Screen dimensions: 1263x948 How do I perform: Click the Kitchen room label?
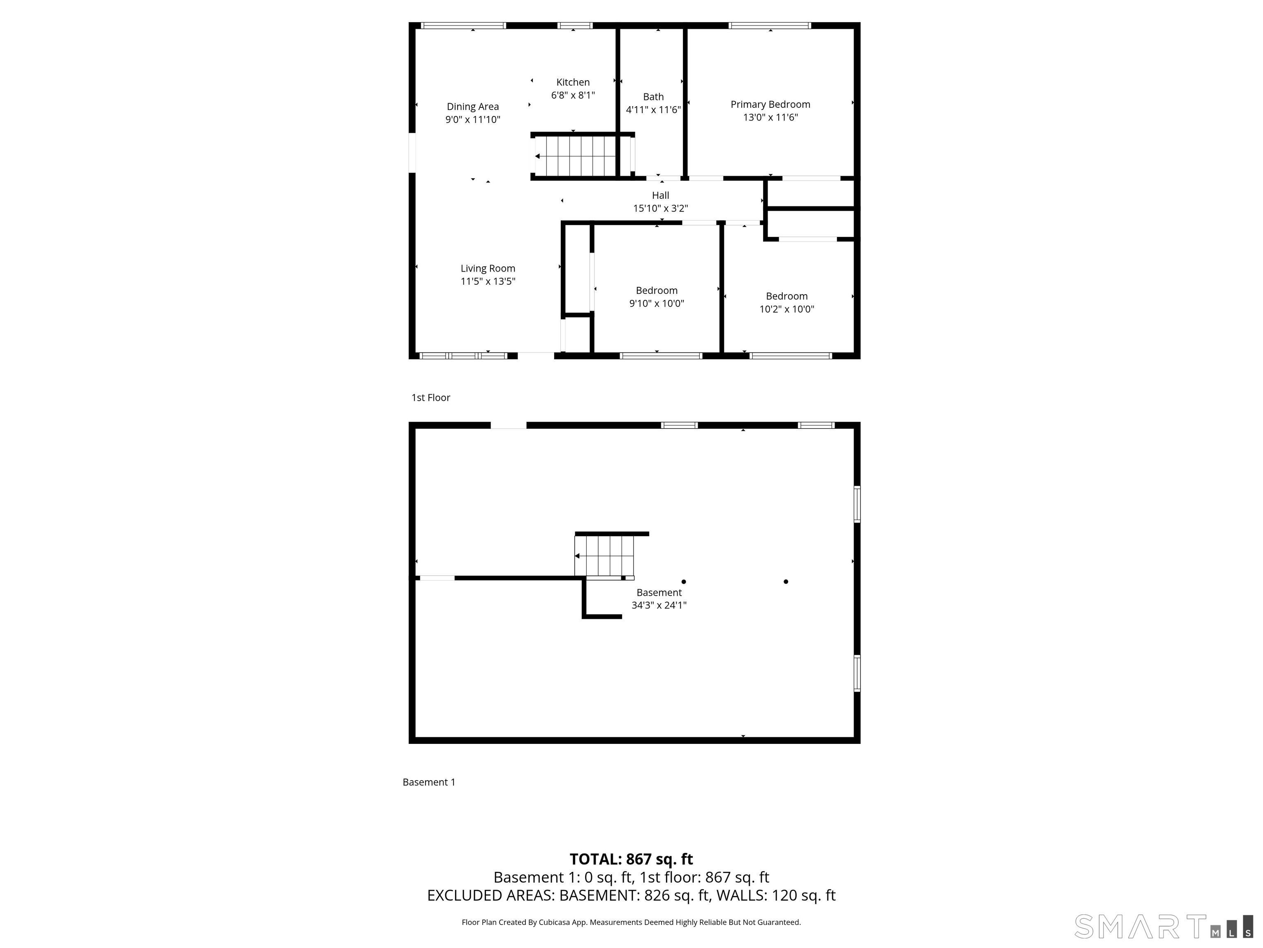pyautogui.click(x=573, y=82)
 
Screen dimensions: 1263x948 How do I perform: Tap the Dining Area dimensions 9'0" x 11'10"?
pyautogui.click(x=473, y=119)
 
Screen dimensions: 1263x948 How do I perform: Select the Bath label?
pyautogui.click(x=653, y=97)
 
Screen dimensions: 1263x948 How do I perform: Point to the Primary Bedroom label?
pyautogui.click(x=770, y=105)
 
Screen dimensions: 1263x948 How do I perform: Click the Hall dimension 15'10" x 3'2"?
pyautogui.click(x=661, y=209)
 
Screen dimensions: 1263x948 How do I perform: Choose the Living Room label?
pyautogui.click(x=488, y=269)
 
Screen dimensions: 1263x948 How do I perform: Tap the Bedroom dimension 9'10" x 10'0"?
pyautogui.click(x=657, y=303)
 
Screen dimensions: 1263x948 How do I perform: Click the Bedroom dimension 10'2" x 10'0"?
pyautogui.click(x=787, y=309)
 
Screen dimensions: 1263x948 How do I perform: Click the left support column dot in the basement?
pyautogui.click(x=683, y=582)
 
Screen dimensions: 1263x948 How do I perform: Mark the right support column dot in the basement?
pyautogui.click(x=786, y=582)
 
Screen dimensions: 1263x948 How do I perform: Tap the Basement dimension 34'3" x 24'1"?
pyautogui.click(x=659, y=605)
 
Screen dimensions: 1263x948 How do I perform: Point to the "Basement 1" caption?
pyautogui.click(x=429, y=782)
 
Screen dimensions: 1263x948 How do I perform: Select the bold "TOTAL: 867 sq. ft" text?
pyautogui.click(x=631, y=859)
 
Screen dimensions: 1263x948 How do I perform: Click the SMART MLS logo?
pyautogui.click(x=1164, y=927)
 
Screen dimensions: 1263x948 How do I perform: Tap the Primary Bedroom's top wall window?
pyautogui.click(x=770, y=25)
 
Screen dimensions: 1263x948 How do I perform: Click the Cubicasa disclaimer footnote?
pyautogui.click(x=631, y=922)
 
